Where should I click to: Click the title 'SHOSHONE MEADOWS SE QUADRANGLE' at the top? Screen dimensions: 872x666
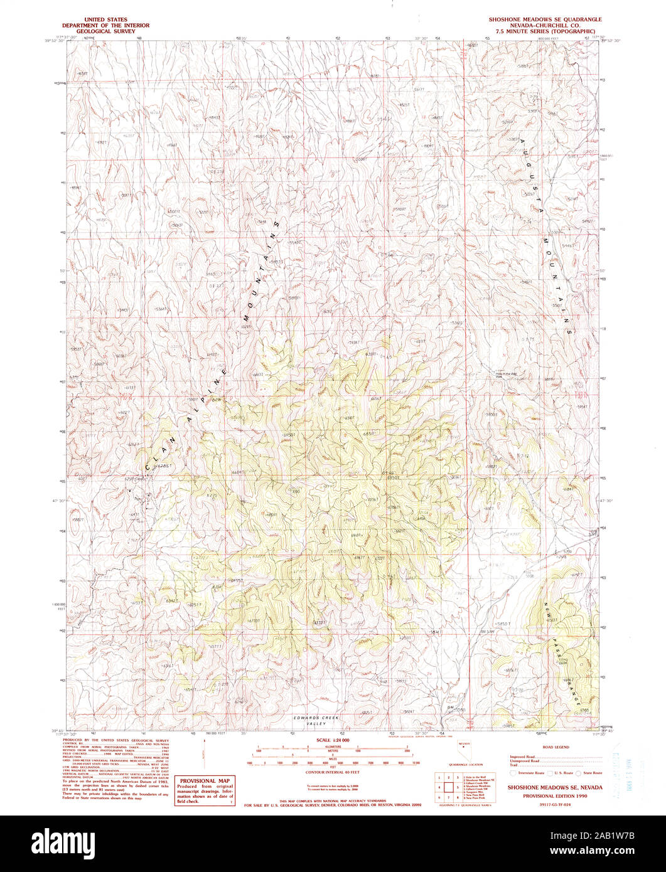tap(545, 19)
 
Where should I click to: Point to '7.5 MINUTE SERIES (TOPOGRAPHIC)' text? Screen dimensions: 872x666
tap(545, 29)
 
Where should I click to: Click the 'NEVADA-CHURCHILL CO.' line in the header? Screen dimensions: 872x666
tap(545, 24)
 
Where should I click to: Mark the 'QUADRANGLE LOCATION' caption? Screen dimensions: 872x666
tap(466, 765)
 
